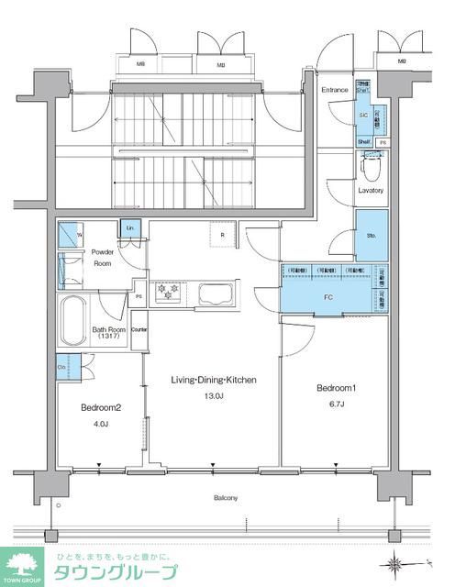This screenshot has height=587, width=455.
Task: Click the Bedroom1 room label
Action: pos(336,388)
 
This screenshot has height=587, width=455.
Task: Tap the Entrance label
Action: pos(334,90)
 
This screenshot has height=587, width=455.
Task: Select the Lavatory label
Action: pos(371,190)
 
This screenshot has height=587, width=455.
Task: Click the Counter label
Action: pos(139,328)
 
